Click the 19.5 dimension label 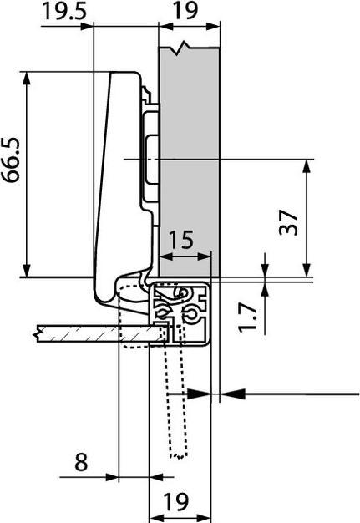click(x=64, y=11)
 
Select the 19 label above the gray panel click(x=185, y=11)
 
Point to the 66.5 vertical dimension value click(x=11, y=160)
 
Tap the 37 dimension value click(x=288, y=222)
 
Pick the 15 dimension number click(x=181, y=239)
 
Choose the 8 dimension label click(x=81, y=462)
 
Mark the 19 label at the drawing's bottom click(x=177, y=501)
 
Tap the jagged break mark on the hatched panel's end click(x=38, y=333)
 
